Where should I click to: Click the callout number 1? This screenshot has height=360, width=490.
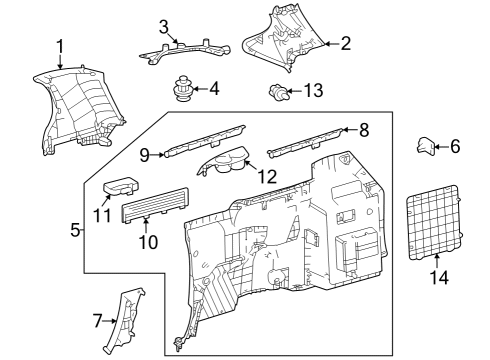point(60,45)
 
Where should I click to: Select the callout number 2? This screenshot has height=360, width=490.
point(346,43)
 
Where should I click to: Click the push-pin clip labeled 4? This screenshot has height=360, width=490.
point(182,89)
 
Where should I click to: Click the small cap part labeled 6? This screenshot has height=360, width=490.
point(424,147)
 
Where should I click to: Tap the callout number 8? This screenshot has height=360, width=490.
point(364,130)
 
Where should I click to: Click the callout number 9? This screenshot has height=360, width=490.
point(144,154)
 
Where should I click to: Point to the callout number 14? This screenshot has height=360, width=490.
point(437,279)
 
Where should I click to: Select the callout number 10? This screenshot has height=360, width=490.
point(147,242)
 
